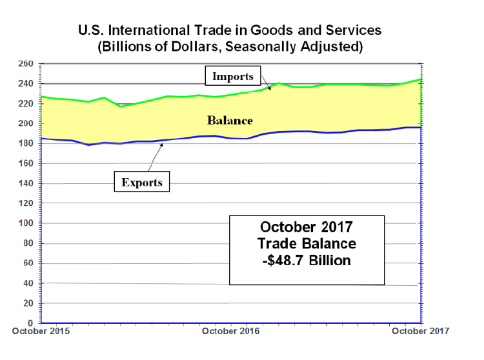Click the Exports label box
pyautogui.click(x=141, y=183)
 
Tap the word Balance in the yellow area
pyautogui.click(x=230, y=121)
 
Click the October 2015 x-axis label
pyautogui.click(x=40, y=332)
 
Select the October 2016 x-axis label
pyautogui.click(x=230, y=332)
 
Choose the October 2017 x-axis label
pyautogui.click(x=421, y=332)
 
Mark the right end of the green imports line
pyautogui.click(x=420, y=79)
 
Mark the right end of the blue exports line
pyautogui.click(x=420, y=127)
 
